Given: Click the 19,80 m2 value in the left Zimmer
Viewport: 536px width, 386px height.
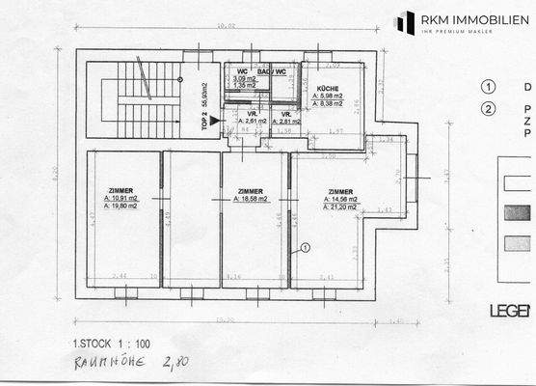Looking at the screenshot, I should click(x=123, y=206).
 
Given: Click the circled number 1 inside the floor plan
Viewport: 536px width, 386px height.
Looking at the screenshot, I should click(x=305, y=247).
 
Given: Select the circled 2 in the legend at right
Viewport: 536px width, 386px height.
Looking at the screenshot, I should click(x=490, y=108).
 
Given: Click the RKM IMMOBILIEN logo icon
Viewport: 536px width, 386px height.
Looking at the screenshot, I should click(x=406, y=22).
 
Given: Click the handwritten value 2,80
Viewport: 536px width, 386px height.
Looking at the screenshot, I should click(x=176, y=362).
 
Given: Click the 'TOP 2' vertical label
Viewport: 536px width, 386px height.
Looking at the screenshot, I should click(x=204, y=120).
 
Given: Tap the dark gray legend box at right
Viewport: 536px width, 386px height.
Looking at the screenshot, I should click(x=517, y=212).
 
